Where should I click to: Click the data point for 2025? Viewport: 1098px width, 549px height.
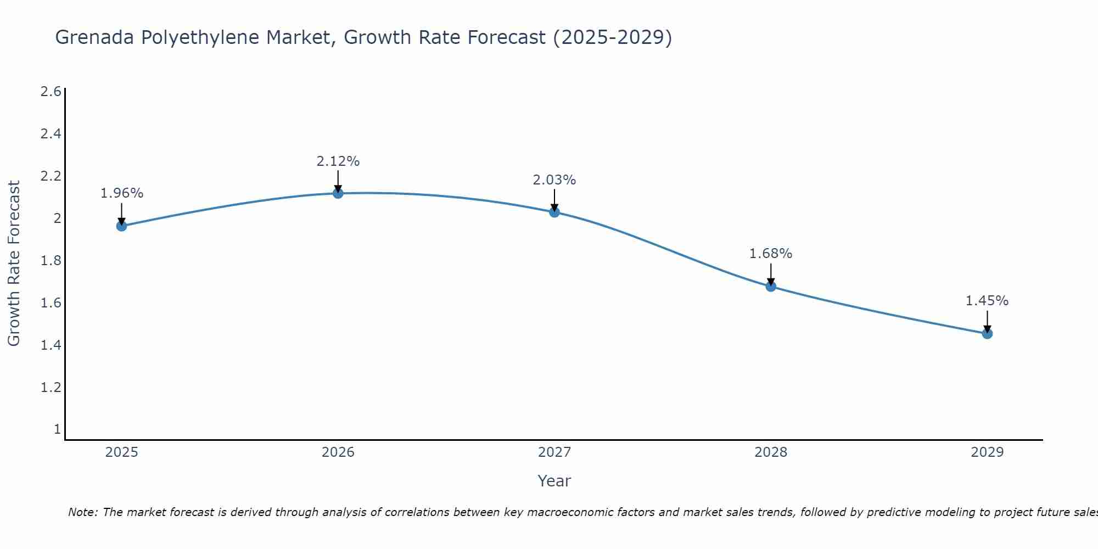pyautogui.click(x=121, y=226)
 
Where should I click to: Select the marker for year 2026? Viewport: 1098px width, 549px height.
pyautogui.click(x=338, y=193)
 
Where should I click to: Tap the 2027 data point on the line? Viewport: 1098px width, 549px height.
pyautogui.click(x=554, y=212)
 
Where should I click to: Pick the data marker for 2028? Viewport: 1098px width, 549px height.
pyautogui.click(x=771, y=286)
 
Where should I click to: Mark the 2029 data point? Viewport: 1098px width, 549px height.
pyautogui.click(x=987, y=333)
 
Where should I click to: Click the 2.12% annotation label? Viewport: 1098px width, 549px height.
pyautogui.click(x=338, y=161)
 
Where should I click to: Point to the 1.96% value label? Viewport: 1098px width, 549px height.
pyautogui.click(x=122, y=193)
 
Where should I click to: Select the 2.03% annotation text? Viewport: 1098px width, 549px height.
pyautogui.click(x=554, y=180)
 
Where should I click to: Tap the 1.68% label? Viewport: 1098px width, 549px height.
pyautogui.click(x=771, y=254)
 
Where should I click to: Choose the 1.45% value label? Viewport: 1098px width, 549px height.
pyautogui.click(x=987, y=301)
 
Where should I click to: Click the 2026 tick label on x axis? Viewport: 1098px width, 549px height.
pyautogui.click(x=338, y=452)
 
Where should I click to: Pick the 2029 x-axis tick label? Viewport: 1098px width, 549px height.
pyautogui.click(x=987, y=452)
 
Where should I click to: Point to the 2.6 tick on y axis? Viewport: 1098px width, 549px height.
pyautogui.click(x=51, y=92)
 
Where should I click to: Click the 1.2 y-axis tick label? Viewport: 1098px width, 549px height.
pyautogui.click(x=51, y=388)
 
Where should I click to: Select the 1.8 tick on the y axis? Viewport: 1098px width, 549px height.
pyautogui.click(x=51, y=261)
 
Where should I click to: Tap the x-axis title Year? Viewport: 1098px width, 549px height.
pyautogui.click(x=554, y=481)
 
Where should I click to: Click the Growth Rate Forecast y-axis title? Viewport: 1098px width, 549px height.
pyautogui.click(x=14, y=264)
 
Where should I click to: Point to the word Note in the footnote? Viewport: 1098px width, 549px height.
pyautogui.click(x=82, y=512)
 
